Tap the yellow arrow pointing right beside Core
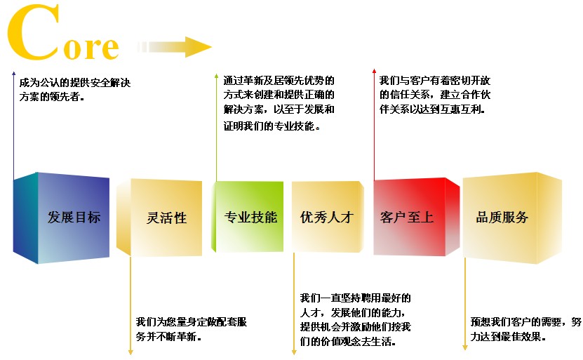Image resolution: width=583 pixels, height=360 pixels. coord(175,47)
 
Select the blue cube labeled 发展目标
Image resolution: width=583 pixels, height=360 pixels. coord(61,218)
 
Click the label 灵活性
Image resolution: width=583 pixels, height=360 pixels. coord(166,218)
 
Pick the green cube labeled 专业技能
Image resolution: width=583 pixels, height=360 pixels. coord(248,217)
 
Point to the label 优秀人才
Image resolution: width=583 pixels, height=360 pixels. coord(326,217)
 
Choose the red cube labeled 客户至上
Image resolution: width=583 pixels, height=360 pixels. coord(417,217)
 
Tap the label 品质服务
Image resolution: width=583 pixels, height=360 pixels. coord(502,217)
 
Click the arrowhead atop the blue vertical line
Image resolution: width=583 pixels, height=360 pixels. coord(14,74)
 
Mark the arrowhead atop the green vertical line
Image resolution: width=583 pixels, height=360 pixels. coord(216,76)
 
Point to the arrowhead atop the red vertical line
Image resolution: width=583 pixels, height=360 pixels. coord(374,71)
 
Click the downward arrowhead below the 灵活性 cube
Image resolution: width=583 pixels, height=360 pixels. coord(130,352)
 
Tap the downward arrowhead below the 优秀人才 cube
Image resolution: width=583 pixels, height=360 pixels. coord(294,352)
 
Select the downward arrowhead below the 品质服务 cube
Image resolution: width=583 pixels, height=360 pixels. coord(464,347)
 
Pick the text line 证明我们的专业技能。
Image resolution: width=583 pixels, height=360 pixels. coord(272,126)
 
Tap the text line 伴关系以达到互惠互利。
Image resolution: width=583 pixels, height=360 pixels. coord(432,109)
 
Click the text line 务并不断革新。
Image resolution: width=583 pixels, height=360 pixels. coord(168,337)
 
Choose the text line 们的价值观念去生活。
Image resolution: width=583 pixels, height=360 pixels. coord(348,341)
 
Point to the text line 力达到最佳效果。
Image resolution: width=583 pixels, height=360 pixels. coord(508,337)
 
